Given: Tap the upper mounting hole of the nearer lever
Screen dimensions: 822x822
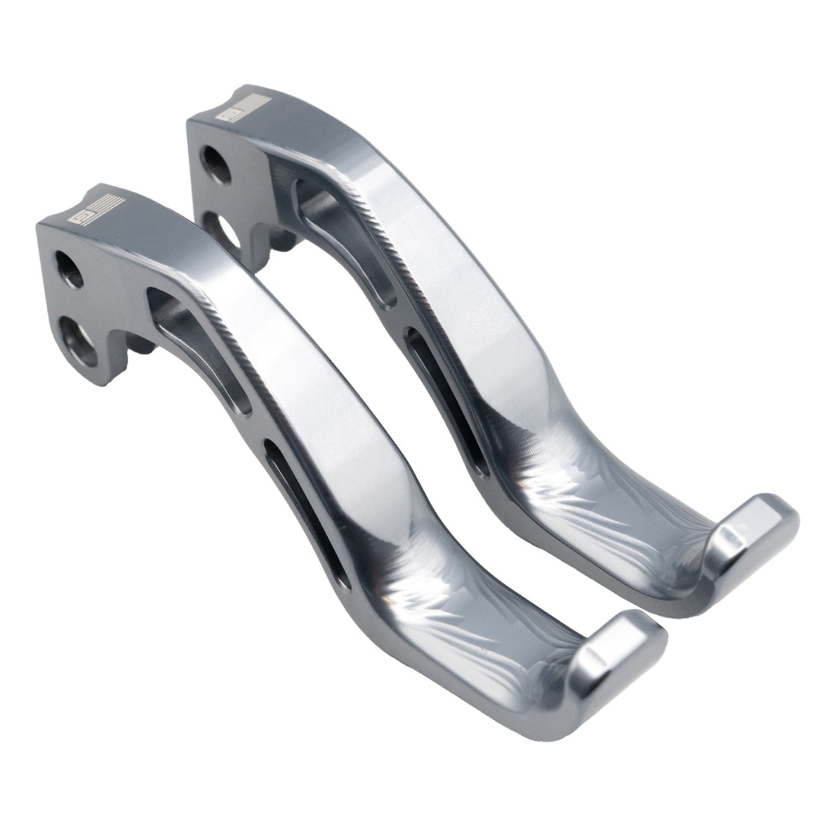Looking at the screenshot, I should coord(68,269).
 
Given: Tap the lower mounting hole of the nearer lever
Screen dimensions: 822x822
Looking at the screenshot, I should coord(80,339).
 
